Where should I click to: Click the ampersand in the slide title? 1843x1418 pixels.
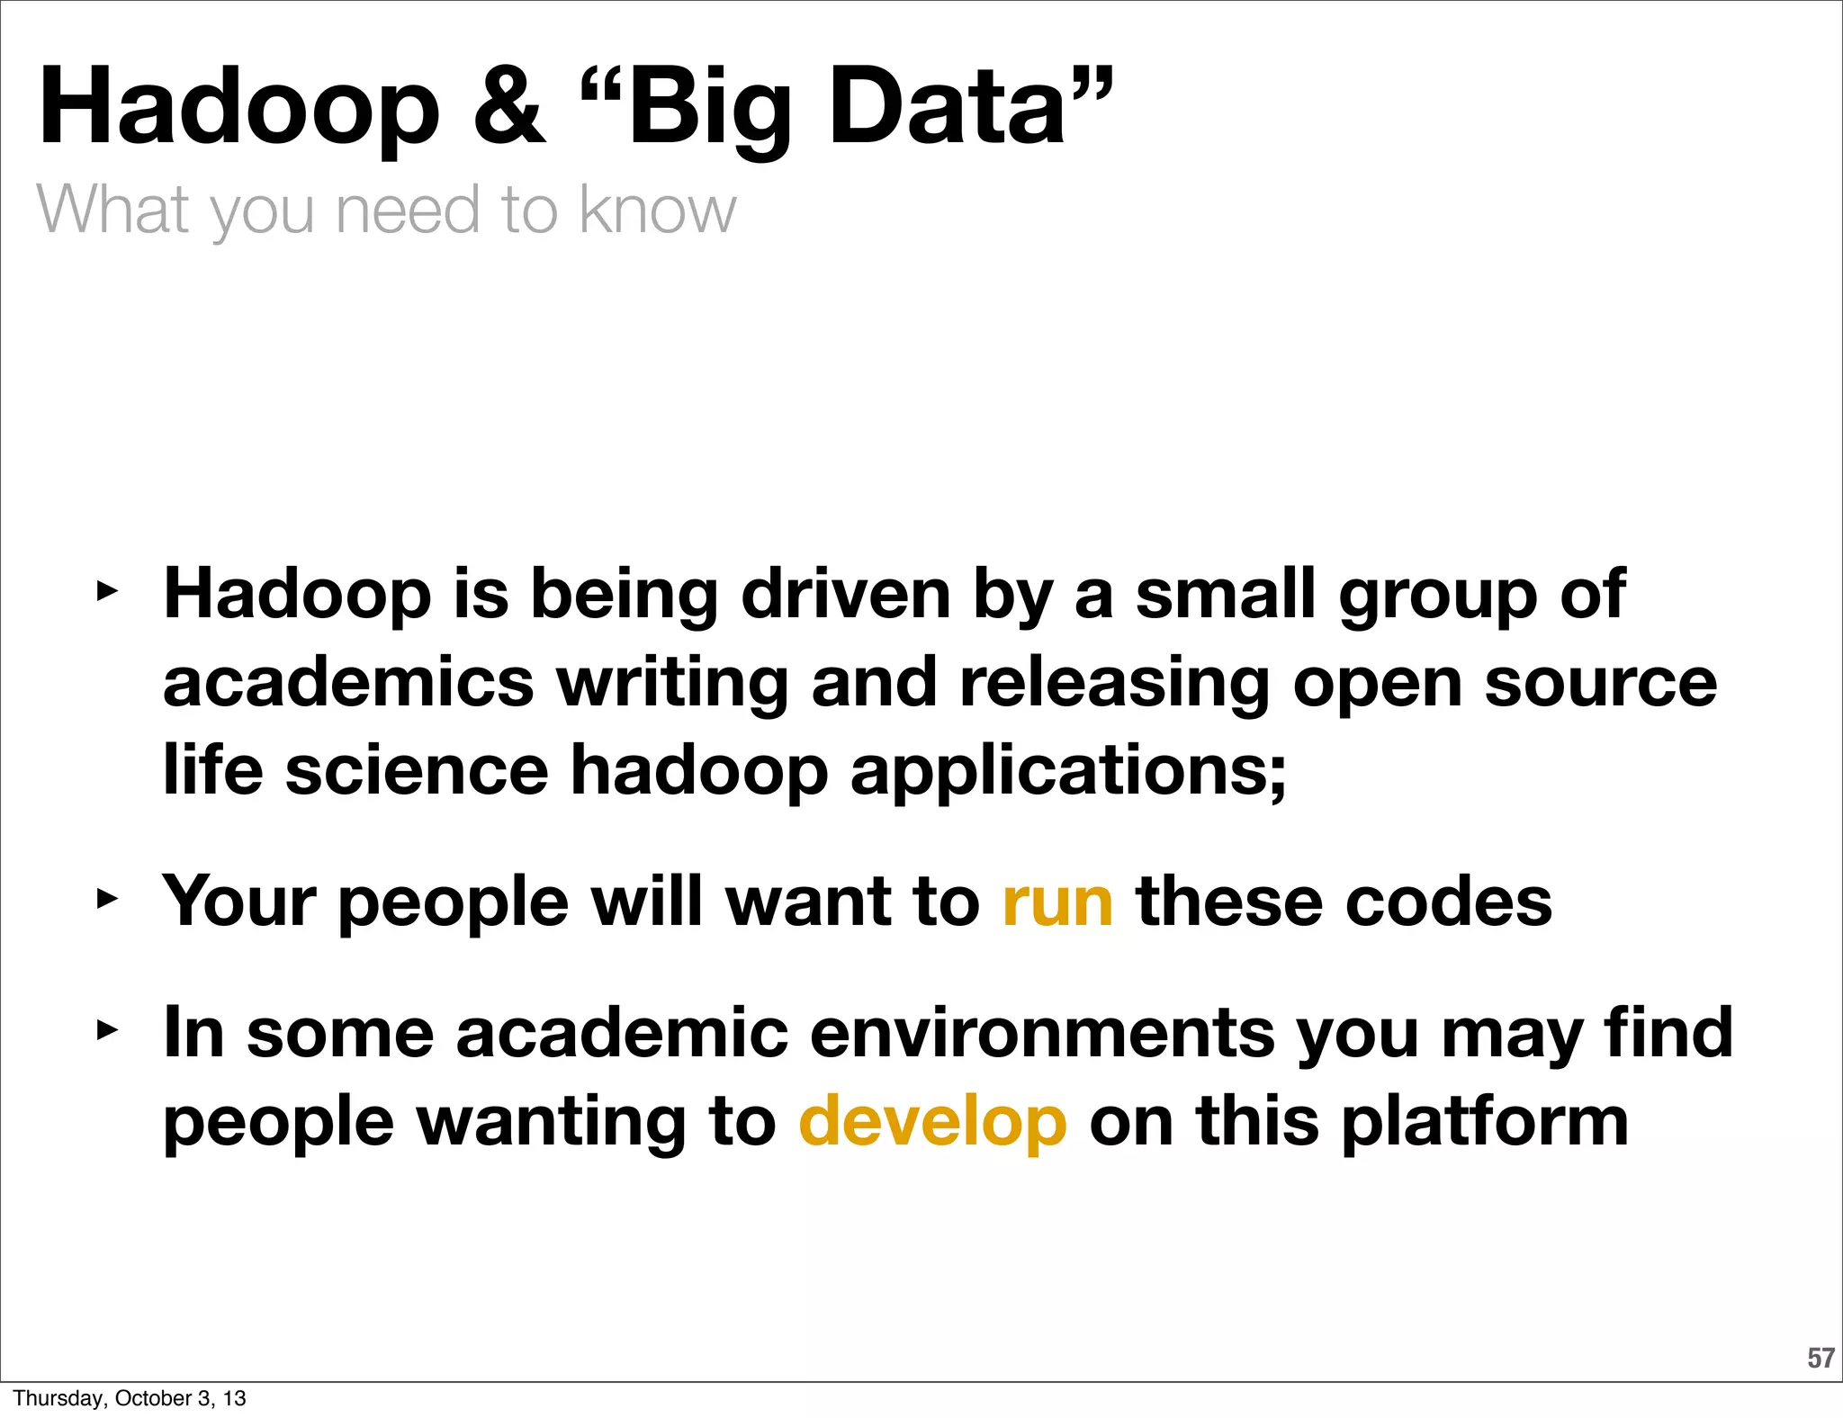pyautogui.click(x=509, y=107)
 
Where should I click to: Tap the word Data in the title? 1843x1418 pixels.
pyautogui.click(x=945, y=107)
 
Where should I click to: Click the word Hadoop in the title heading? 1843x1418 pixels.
pyautogui.click(x=239, y=107)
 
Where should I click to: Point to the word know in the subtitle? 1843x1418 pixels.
pyautogui.click(x=657, y=209)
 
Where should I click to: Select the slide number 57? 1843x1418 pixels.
pyautogui.click(x=1821, y=1358)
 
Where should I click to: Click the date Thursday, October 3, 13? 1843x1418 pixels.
pyautogui.click(x=130, y=1398)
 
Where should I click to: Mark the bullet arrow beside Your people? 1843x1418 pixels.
pyautogui.click(x=107, y=898)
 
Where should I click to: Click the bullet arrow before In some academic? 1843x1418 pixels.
pyautogui.click(x=107, y=1030)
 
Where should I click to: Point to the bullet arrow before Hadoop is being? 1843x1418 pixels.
pyautogui.click(x=107, y=591)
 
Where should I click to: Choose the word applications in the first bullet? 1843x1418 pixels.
pyautogui.click(x=1068, y=770)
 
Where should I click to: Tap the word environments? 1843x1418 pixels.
pyautogui.click(x=1042, y=1033)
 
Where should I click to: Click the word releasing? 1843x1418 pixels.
pyautogui.click(x=1114, y=682)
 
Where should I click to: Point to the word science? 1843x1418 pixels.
pyautogui.click(x=417, y=770)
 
